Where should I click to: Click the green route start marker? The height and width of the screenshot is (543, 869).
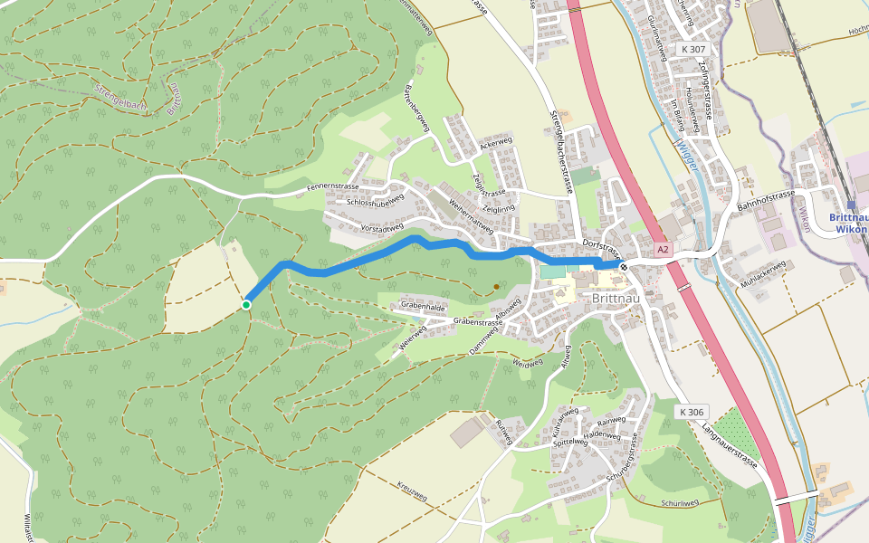(246, 305)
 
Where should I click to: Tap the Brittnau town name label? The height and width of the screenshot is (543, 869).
(618, 297)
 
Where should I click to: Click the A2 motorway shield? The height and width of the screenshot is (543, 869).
(664, 248)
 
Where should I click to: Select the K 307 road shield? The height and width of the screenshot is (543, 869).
(694, 49)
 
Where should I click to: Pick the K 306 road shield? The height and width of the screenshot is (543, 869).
(692, 412)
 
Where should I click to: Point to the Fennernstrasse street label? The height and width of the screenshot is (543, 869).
(333, 187)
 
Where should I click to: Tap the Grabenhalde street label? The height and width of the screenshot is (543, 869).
(423, 307)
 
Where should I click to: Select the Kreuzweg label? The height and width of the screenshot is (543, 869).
(412, 492)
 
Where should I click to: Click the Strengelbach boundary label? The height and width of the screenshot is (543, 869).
(120, 98)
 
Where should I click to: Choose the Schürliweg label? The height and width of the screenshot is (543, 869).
(680, 502)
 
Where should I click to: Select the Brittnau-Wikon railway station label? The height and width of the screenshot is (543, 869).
(849, 223)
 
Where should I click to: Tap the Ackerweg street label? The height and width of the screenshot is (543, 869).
(497, 143)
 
